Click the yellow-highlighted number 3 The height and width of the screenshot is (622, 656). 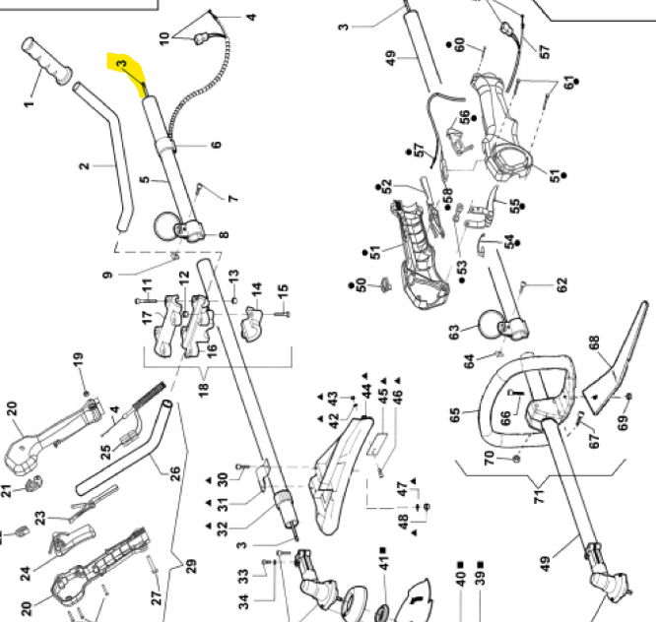click(x=121, y=65)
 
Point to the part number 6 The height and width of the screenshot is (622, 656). click(x=216, y=145)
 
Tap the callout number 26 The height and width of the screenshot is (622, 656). click(x=175, y=473)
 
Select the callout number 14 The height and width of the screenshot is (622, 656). click(x=257, y=291)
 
